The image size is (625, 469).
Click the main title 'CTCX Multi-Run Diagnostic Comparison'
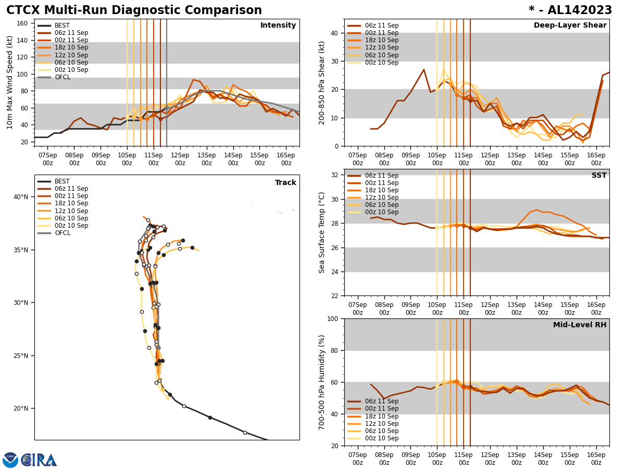click(x=134, y=10)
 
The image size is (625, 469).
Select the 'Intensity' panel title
click(x=278, y=26)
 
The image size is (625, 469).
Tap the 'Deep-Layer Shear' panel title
click(x=570, y=26)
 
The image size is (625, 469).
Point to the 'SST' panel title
click(x=599, y=176)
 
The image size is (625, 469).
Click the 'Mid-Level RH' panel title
click(x=580, y=325)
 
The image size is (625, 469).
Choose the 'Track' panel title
click(x=285, y=183)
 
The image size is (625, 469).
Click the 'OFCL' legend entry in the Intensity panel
click(x=63, y=77)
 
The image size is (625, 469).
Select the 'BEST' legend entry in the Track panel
click(x=62, y=181)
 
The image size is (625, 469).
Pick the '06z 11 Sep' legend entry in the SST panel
click(x=382, y=176)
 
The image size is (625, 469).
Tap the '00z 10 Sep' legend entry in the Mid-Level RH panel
click(x=382, y=438)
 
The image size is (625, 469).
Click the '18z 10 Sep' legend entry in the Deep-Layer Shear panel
click(x=382, y=40)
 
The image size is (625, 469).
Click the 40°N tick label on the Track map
click(x=21, y=197)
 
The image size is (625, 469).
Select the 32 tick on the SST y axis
click(x=335, y=175)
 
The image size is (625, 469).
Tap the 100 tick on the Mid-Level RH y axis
click(x=333, y=318)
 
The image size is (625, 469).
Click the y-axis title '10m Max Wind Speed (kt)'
click(x=10, y=82)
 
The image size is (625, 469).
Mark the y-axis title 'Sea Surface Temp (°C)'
click(x=322, y=232)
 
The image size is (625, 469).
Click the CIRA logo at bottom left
click(x=39, y=460)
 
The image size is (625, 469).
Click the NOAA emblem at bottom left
click(x=10, y=460)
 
